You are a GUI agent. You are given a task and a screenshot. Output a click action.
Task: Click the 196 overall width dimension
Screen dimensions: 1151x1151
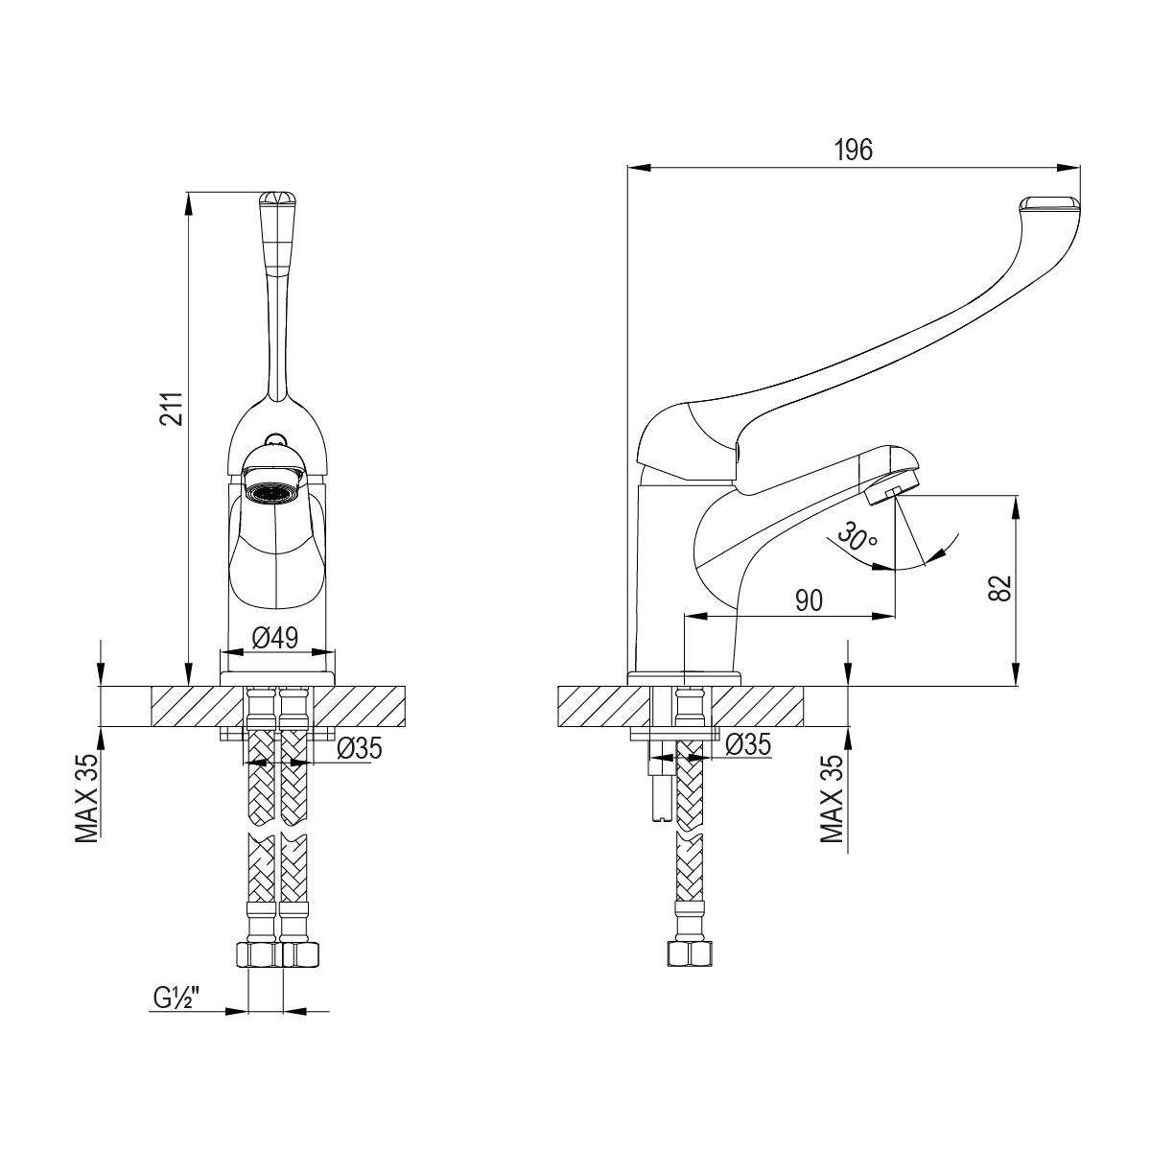click(853, 150)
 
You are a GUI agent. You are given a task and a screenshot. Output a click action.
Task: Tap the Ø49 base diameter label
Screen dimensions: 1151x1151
click(276, 636)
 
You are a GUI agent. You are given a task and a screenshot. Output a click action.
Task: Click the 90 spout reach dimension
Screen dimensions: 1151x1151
click(809, 600)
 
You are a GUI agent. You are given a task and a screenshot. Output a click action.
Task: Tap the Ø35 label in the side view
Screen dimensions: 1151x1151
click(748, 744)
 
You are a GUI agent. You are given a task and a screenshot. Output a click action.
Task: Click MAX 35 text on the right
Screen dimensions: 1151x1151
click(833, 798)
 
